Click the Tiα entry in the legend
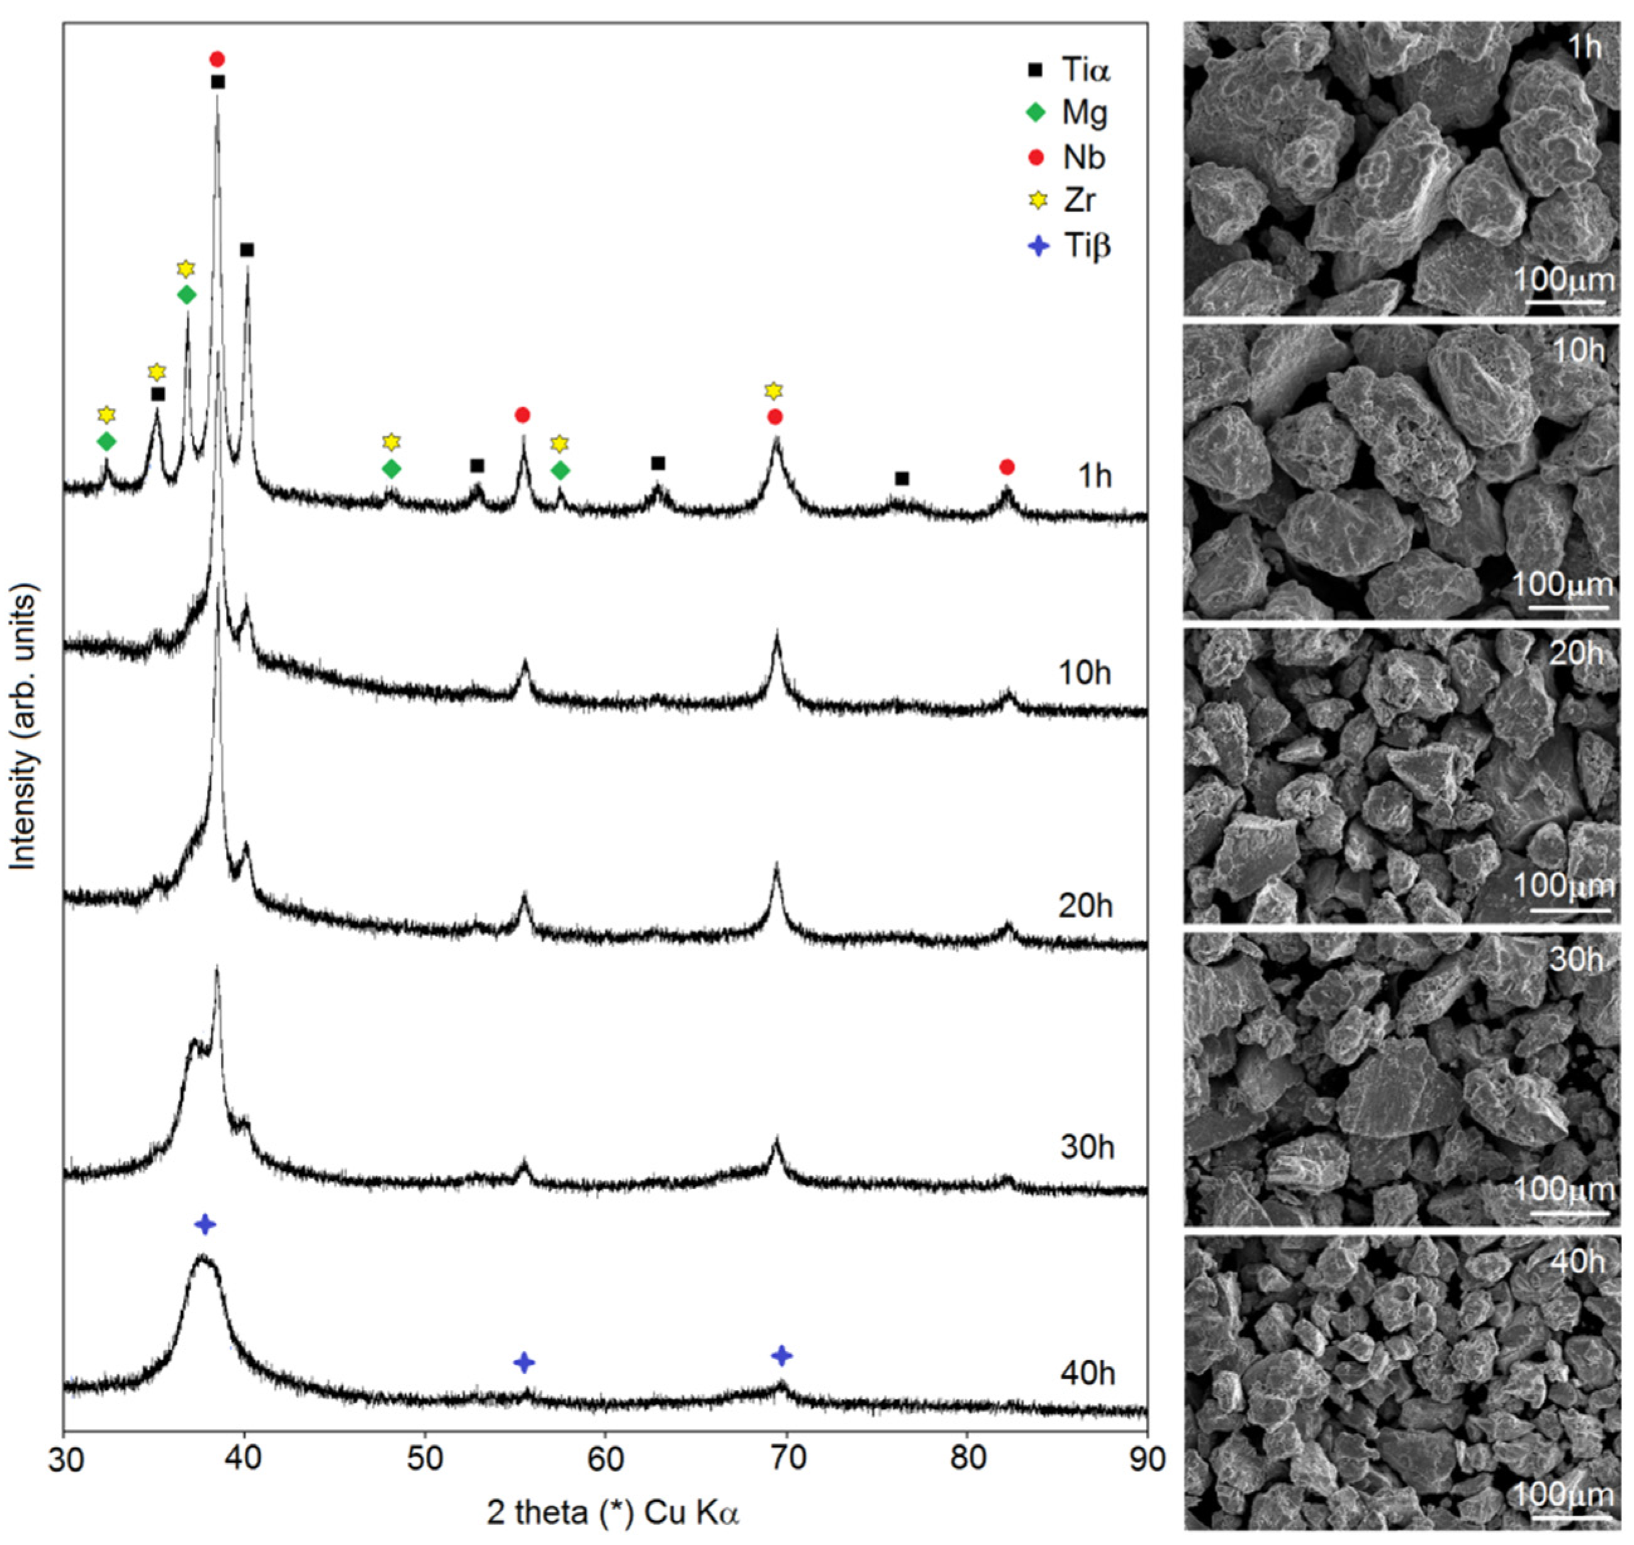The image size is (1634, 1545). (x=1070, y=69)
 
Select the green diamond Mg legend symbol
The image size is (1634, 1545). (x=1036, y=112)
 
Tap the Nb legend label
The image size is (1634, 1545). (x=1083, y=157)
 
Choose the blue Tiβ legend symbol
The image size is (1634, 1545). (x=1039, y=245)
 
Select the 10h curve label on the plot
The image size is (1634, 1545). (x=1085, y=673)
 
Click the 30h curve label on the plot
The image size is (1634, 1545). (x=1087, y=1147)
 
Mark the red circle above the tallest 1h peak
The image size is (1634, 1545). (x=216, y=59)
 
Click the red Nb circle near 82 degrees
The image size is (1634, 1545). (x=1007, y=467)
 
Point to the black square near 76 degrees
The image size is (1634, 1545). (x=902, y=478)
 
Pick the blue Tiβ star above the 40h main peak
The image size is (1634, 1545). (x=205, y=1224)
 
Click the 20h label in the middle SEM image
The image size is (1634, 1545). (x=1576, y=654)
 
